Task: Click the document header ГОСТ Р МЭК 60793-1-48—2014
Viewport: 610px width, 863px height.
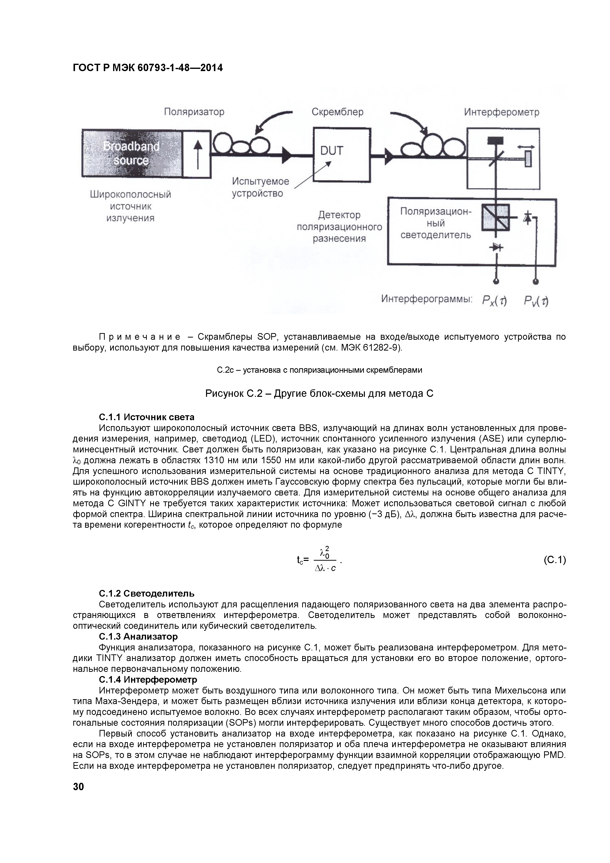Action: click(x=148, y=68)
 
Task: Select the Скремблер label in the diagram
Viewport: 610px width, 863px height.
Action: click(x=337, y=112)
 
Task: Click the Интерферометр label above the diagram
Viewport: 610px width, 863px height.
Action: click(x=501, y=112)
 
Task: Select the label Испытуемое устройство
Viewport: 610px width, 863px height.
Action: click(x=260, y=187)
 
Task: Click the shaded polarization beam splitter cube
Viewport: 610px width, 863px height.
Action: click(x=495, y=218)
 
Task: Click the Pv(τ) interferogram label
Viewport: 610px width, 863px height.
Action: click(x=536, y=300)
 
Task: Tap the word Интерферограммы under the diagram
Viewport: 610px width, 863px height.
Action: click(x=427, y=299)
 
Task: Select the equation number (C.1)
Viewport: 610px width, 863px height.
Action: click(x=554, y=560)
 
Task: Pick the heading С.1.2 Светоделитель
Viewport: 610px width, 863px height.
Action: click(x=147, y=594)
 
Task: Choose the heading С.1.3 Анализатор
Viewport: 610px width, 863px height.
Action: click(x=138, y=636)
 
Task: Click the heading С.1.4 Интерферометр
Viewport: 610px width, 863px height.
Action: click(x=148, y=679)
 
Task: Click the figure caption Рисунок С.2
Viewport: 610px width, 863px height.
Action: click(x=319, y=394)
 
